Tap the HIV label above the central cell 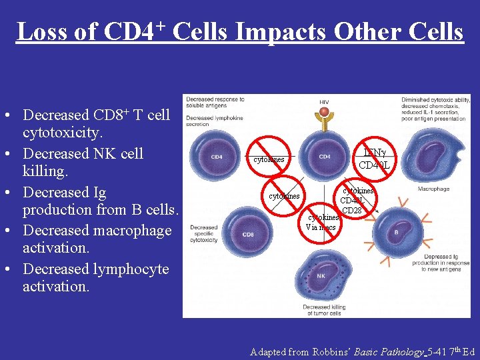[x=324, y=103]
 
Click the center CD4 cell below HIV [x=324, y=157]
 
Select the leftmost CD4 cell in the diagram [x=217, y=157]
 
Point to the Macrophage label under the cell [x=433, y=189]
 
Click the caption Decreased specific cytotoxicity [x=204, y=235]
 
